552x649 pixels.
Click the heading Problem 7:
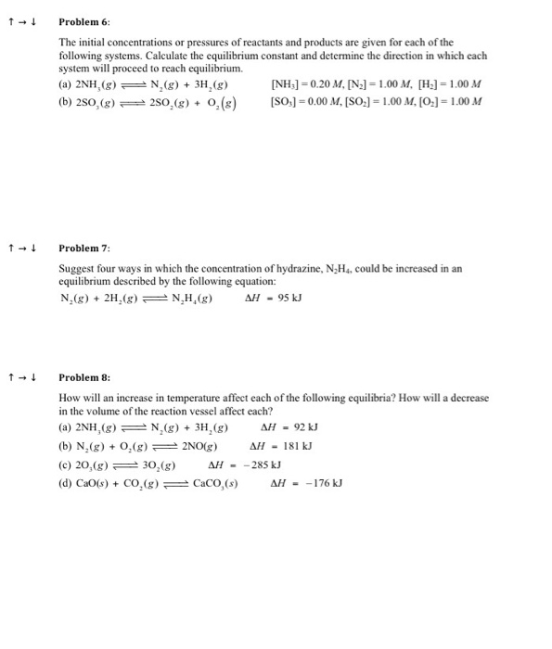(84, 248)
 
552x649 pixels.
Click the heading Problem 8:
(84, 377)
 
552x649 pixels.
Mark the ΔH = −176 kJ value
(306, 483)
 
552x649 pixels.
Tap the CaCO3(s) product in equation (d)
(214, 483)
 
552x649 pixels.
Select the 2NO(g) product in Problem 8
(199, 446)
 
